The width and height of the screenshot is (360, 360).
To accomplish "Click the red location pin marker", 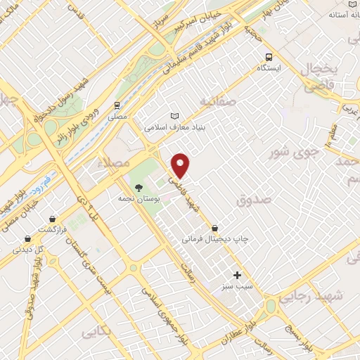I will tap(181, 165).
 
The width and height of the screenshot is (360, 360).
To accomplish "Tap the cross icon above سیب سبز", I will tap(237, 275).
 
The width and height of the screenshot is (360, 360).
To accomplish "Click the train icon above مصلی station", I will tap(117, 105).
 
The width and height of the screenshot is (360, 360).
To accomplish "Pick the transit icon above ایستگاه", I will tap(268, 57).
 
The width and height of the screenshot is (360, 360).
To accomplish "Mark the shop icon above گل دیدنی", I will tap(27, 238).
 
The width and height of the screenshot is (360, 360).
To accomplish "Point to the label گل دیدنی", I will tap(30, 250).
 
